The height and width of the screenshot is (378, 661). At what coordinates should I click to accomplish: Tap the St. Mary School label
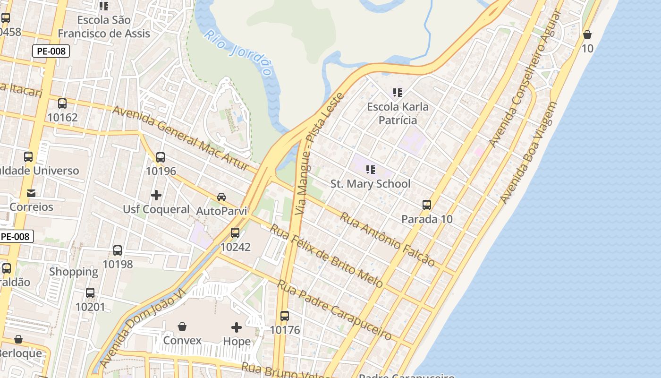[370, 184]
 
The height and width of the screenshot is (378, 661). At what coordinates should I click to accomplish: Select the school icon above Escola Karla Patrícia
[398, 92]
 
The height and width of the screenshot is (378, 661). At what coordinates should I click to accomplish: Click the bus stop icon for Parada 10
[427, 205]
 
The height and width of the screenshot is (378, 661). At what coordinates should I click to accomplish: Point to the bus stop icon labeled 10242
[235, 233]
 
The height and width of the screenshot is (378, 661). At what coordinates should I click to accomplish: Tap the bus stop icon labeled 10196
[161, 157]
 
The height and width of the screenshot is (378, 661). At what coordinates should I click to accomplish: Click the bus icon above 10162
[62, 103]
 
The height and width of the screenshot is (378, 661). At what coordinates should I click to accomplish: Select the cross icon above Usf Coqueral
[156, 195]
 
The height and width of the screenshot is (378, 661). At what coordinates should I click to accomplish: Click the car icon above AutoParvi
[221, 197]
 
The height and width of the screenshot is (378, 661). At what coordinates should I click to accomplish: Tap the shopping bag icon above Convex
[182, 326]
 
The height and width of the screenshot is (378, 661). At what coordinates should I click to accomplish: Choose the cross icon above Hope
[237, 327]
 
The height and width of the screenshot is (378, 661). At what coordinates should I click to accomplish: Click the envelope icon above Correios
[31, 193]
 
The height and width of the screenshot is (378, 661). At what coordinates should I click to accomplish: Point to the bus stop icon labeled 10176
[285, 316]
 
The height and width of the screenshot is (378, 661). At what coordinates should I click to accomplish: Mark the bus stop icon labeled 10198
[118, 250]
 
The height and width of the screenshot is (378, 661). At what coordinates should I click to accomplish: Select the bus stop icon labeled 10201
[90, 293]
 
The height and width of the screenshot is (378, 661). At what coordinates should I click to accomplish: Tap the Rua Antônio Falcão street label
[387, 239]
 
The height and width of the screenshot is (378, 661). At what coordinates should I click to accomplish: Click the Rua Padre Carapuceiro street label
[334, 309]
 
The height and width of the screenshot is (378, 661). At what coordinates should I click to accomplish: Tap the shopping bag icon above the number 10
[587, 34]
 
